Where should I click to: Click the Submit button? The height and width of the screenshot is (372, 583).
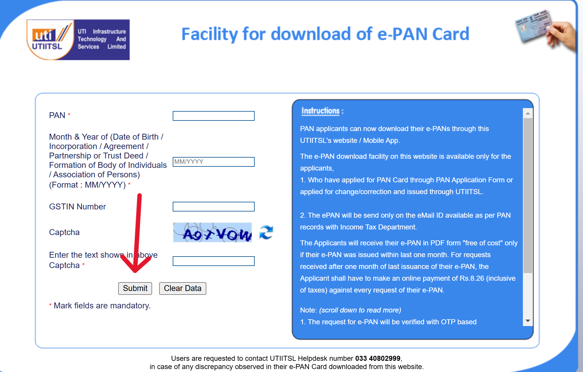click(135, 288)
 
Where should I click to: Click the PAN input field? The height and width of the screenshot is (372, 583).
click(213, 116)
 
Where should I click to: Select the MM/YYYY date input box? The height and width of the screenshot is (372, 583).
click(213, 162)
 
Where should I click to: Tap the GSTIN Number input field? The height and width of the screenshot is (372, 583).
click(213, 206)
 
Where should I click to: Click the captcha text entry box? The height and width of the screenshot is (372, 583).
click(213, 261)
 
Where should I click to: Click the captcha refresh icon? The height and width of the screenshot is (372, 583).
click(266, 232)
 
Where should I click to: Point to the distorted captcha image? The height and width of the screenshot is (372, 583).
click(212, 232)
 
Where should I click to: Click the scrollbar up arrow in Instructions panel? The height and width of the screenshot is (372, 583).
click(528, 113)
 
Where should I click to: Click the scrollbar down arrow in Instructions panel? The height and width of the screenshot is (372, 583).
click(528, 321)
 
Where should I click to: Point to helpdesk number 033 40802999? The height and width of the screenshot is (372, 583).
click(378, 358)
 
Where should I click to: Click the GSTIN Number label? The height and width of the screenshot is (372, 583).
click(77, 207)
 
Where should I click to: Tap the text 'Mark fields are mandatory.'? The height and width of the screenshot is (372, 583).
click(102, 306)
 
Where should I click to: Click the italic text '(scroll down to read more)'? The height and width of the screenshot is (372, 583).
click(360, 310)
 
